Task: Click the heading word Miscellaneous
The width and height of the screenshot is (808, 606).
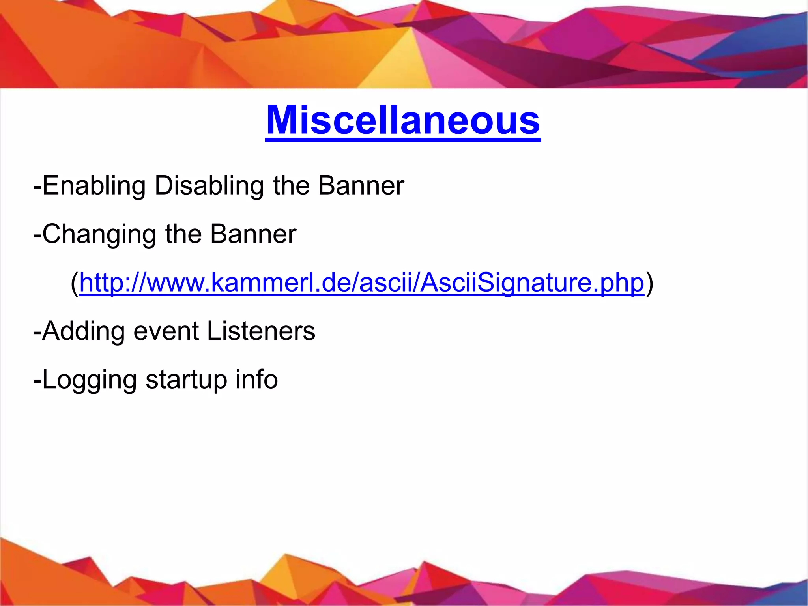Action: (403, 120)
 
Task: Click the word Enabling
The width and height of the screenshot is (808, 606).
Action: (94, 185)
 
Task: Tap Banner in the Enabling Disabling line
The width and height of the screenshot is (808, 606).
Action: (361, 185)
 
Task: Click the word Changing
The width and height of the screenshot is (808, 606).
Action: (99, 234)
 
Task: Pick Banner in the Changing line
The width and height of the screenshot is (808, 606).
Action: (253, 234)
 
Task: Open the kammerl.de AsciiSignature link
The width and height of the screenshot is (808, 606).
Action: (362, 282)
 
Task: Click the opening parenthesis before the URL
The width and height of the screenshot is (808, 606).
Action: (75, 283)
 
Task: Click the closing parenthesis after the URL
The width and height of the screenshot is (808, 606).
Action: (649, 283)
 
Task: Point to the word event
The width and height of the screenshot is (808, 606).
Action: (166, 331)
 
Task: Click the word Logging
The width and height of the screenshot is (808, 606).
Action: (89, 380)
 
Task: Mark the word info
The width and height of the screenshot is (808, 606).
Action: (256, 379)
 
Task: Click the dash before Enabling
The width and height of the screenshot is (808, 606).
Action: (37, 186)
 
